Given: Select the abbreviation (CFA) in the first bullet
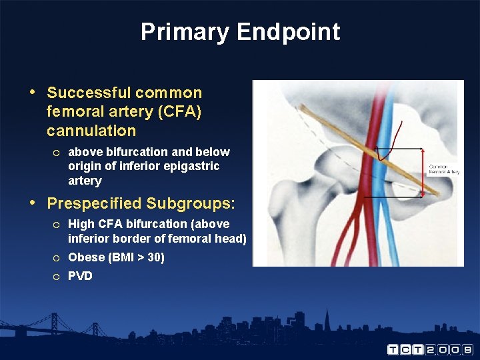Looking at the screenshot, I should (179, 111).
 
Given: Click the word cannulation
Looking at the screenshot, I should (91, 131).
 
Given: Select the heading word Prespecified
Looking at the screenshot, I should (94, 203).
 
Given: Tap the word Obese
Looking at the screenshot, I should (86, 257).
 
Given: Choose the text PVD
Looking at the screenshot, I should (80, 276).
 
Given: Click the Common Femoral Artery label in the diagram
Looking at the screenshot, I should (444, 169).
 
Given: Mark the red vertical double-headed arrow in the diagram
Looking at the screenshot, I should (423, 173).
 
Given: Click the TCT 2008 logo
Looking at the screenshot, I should (430, 349).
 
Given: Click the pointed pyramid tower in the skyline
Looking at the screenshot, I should (327, 319).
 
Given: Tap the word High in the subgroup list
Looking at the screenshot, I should (81, 224).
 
